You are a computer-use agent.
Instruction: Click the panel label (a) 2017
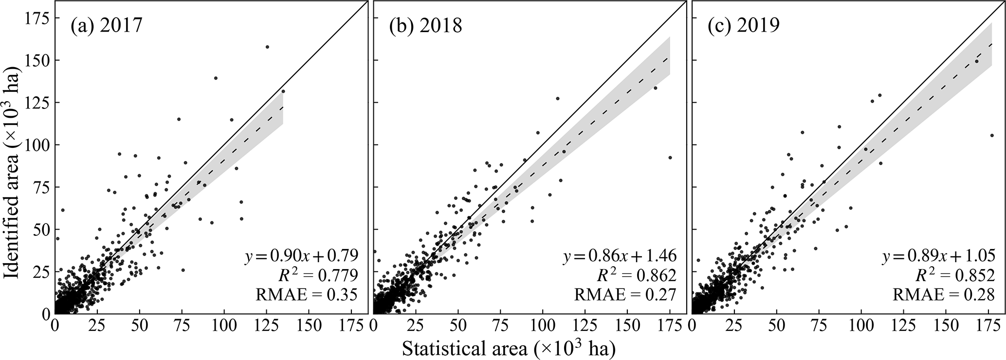[106, 26]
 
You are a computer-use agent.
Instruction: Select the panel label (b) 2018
[425, 26]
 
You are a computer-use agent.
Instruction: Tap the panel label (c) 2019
[744, 26]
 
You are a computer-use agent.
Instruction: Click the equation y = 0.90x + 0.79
[301, 255]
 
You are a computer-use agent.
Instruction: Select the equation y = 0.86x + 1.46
[620, 255]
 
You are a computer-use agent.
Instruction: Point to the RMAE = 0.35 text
[307, 294]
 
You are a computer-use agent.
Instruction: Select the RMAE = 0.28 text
[943, 294]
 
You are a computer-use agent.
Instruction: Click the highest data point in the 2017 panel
[267, 47]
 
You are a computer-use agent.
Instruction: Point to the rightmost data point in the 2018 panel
[670, 157]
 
